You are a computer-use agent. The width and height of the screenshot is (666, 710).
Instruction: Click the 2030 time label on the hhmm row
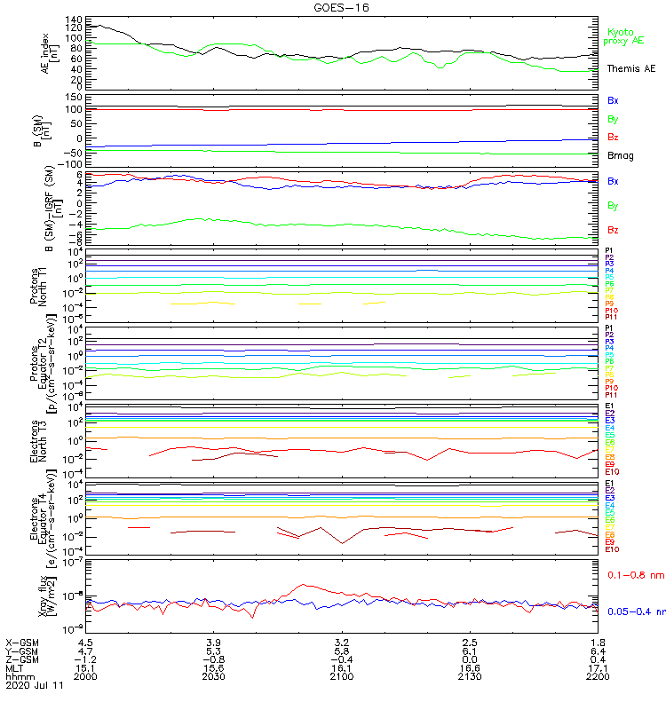(214, 676)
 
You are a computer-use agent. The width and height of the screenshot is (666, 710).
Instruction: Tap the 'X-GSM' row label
(22, 642)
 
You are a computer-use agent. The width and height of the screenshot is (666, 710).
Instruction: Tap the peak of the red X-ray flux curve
(305, 585)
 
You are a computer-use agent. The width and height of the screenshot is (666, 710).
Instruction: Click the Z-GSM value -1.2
(84, 659)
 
